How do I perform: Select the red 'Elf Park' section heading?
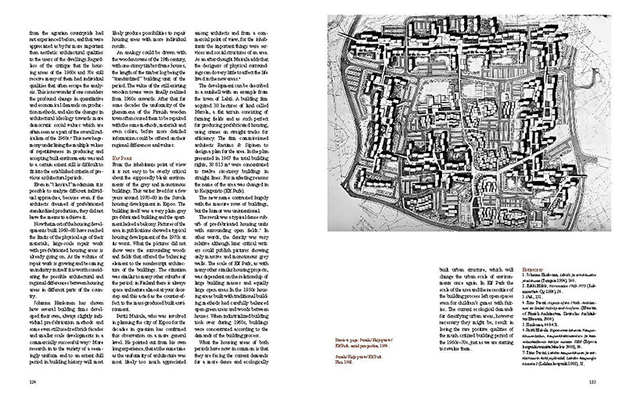click(x=121, y=156)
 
